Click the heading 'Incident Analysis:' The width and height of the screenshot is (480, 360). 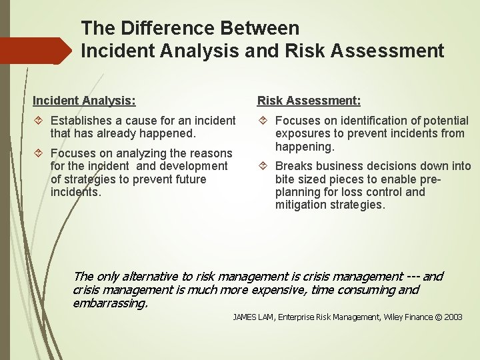[x=84, y=101]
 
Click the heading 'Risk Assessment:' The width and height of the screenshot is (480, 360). [x=309, y=101]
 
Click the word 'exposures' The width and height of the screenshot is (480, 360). [x=301, y=133]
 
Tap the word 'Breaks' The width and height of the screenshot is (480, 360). [x=293, y=166]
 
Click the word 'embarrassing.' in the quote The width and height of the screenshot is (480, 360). [x=110, y=303]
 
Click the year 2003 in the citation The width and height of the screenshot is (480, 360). [x=453, y=317]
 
